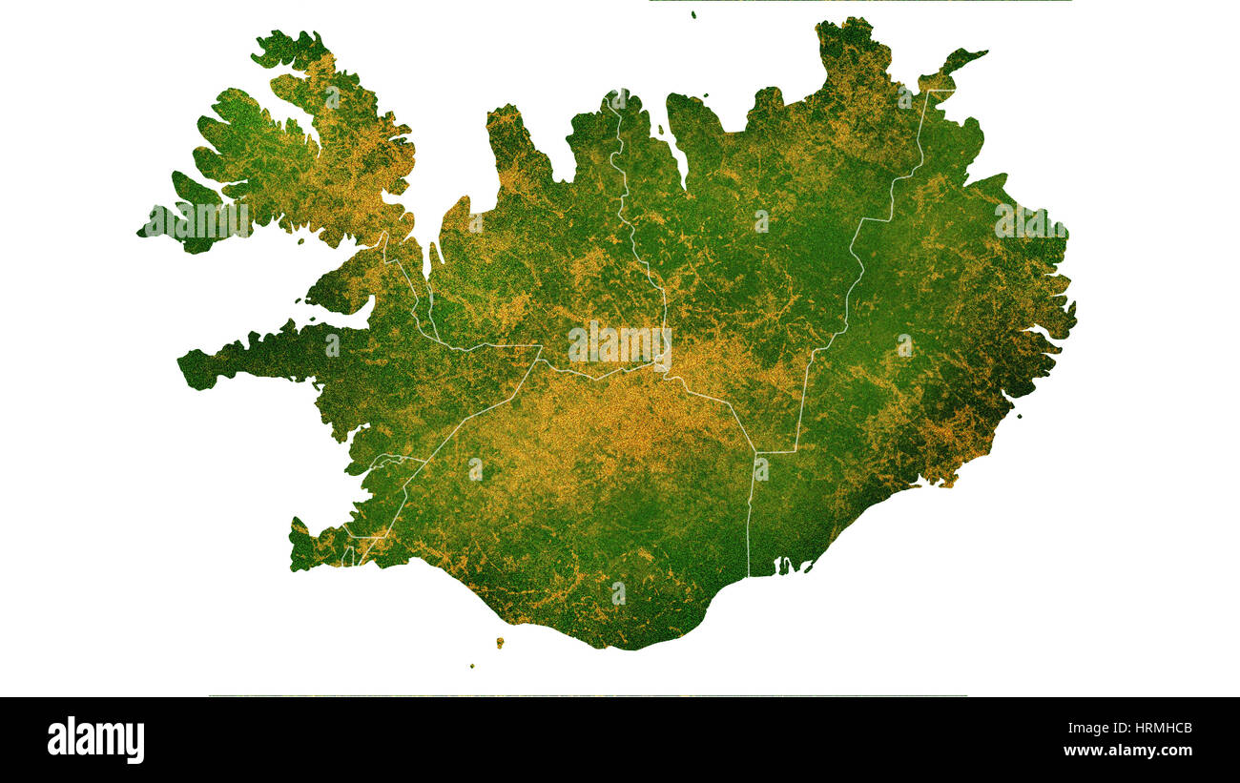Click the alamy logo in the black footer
95,739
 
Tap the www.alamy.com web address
1127,751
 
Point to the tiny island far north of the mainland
693,14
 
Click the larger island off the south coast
499,643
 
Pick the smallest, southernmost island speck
471,666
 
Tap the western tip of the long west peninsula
184,361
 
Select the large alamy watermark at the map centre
619,344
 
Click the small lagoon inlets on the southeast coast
787,567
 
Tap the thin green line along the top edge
858,1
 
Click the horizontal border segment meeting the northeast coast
939,91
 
